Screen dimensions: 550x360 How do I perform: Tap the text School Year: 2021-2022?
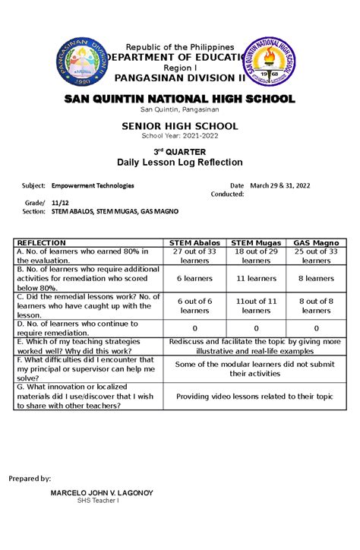pos(180,135)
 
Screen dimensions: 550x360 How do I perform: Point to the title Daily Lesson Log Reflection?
pos(180,163)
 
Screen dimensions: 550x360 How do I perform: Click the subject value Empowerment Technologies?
pos(93,185)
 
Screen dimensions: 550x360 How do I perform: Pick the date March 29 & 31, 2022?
pos(279,185)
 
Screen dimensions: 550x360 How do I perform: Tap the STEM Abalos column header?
pos(195,242)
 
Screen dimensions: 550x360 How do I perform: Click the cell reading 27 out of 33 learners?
pos(195,255)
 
